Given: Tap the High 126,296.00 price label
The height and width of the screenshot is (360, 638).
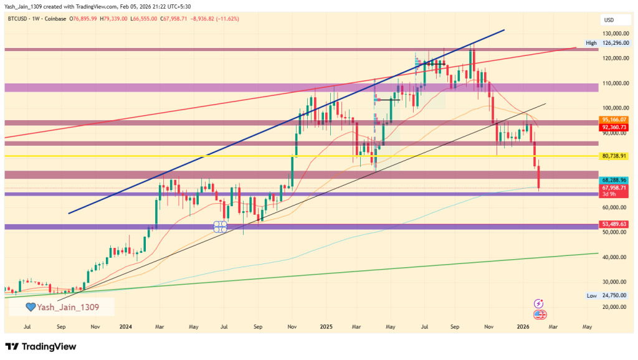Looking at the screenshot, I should (x=610, y=43).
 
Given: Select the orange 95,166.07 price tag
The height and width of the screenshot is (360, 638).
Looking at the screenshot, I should (x=614, y=120).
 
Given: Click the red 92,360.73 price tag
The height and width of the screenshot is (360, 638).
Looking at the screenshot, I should (x=614, y=127).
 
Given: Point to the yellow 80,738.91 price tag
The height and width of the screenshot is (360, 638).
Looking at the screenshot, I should (x=614, y=156).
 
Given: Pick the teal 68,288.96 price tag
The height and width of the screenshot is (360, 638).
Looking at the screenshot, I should (x=614, y=180).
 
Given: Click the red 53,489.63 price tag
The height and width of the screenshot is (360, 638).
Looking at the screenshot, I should (x=614, y=224).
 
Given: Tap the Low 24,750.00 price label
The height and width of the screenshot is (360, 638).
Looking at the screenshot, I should (x=610, y=296).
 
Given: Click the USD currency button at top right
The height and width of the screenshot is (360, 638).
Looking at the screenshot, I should (x=610, y=19).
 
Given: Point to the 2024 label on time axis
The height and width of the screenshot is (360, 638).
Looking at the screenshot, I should (x=125, y=326).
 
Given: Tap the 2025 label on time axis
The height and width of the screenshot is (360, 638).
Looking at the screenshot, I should (x=326, y=326).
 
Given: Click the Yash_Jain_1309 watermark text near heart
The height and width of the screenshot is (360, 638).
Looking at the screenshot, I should (x=68, y=306).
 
